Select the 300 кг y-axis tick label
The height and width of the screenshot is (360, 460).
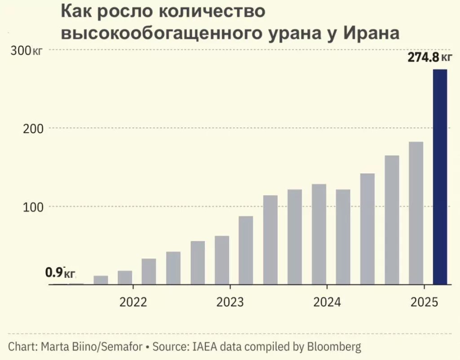(x=26, y=51)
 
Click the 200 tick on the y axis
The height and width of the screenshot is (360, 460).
(x=33, y=128)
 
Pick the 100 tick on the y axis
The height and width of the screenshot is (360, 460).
(x=33, y=207)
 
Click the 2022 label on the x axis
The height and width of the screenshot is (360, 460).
(x=133, y=302)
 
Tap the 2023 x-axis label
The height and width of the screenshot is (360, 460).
(x=230, y=302)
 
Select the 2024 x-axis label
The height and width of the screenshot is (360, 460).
(x=327, y=302)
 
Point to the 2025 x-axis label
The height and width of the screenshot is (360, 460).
(x=424, y=302)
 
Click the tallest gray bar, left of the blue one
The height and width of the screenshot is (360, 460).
(x=416, y=213)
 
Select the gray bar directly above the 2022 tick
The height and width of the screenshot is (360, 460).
(x=125, y=277)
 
